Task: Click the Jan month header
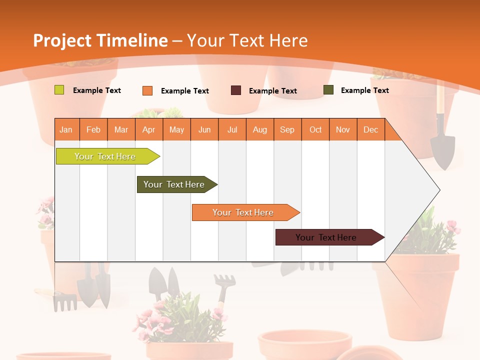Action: click(x=66, y=129)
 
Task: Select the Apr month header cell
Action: click(x=149, y=129)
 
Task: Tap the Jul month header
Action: click(x=232, y=129)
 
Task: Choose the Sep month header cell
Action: click(x=287, y=129)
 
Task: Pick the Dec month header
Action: click(x=370, y=129)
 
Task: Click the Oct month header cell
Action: click(x=315, y=129)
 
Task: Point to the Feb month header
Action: click(x=93, y=129)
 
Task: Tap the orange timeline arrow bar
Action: click(x=243, y=212)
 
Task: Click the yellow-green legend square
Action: click(x=59, y=90)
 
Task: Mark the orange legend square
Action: click(x=147, y=90)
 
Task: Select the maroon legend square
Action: click(x=236, y=90)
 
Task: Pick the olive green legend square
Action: click(x=328, y=90)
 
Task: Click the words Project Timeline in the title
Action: click(x=100, y=40)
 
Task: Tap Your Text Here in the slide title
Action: click(x=247, y=40)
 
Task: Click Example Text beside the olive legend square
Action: click(x=364, y=90)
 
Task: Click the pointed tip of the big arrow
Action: click(x=438, y=190)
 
